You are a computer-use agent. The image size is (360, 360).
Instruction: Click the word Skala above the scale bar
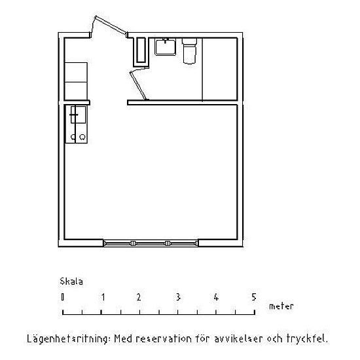point(71,281)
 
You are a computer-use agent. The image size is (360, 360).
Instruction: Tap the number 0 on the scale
point(62,297)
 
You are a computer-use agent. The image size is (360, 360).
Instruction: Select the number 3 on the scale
point(178,297)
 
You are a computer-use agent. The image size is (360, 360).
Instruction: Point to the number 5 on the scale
point(253,297)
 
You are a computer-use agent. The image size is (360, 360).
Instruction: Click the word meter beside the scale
point(281,306)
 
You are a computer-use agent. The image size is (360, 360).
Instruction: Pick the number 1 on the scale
point(103,297)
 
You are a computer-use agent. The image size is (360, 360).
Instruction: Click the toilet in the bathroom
point(189,51)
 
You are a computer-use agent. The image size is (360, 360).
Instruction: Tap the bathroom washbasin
point(166,47)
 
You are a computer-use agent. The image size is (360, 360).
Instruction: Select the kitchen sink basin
point(79,115)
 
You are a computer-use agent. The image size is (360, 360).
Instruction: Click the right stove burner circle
point(82,137)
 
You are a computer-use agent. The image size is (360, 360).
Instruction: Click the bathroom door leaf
point(139,85)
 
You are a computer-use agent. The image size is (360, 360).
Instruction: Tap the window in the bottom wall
point(151,243)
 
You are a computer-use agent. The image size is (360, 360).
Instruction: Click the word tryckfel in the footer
point(306,339)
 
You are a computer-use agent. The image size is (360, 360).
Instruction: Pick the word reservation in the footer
point(164,339)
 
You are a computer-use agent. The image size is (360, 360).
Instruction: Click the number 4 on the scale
point(216,297)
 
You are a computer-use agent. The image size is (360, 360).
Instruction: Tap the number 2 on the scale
point(139,297)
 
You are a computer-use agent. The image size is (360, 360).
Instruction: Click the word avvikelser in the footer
point(238,339)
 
